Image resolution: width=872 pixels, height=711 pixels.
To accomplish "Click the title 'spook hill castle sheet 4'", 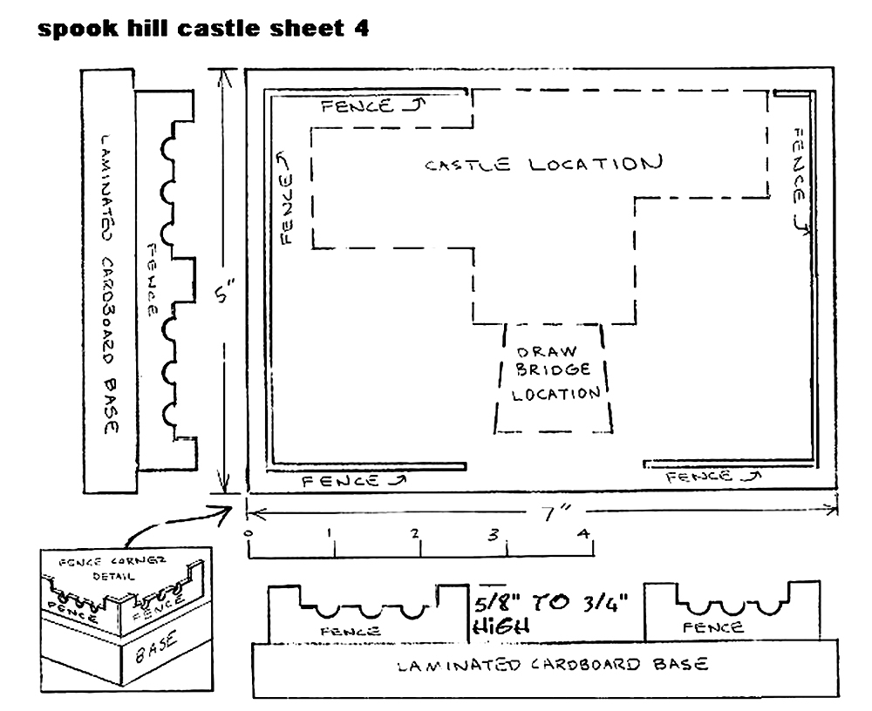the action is tap(203, 29).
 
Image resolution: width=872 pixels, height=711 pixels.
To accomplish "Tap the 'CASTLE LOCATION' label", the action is tap(544, 164).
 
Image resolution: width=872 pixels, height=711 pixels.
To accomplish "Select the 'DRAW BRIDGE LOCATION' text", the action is tap(555, 373).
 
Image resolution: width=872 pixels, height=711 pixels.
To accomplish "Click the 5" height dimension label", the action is tap(225, 292).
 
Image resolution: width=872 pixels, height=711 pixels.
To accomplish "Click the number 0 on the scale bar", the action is tap(248, 533).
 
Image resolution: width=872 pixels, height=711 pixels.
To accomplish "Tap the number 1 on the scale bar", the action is tap(330, 532).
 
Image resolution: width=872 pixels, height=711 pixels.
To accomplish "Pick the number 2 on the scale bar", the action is tap(415, 533).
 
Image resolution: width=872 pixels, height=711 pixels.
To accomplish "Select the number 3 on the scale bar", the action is tap(494, 535).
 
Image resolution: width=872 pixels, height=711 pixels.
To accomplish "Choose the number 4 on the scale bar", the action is tap(582, 533).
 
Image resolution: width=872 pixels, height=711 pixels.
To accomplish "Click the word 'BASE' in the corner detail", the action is tap(157, 647).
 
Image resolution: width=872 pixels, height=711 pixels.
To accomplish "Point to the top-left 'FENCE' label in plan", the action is tap(357, 105).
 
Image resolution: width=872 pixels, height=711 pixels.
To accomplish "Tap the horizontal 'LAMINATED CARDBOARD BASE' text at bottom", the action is tap(554, 664).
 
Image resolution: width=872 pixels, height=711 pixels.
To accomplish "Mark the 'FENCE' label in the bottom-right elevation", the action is tap(713, 627).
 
